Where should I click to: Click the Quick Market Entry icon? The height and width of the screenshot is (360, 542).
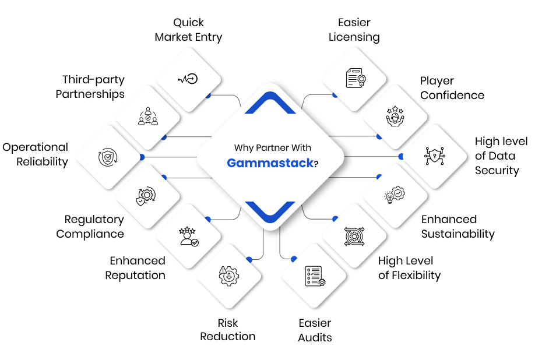188,79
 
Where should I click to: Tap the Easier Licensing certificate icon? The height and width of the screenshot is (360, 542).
356,77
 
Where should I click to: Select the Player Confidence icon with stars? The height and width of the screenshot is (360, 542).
395,116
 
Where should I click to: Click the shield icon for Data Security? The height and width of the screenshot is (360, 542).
435,156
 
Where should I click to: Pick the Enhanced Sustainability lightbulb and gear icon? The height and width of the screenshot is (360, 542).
395,195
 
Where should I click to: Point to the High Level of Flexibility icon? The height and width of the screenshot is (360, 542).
354,237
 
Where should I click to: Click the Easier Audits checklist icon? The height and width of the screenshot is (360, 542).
315,276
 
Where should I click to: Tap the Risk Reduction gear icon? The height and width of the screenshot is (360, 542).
228,276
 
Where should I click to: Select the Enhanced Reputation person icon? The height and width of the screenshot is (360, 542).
189,237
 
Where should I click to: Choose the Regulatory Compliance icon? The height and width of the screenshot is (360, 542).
146,196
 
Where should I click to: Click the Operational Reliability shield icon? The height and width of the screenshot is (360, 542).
108,157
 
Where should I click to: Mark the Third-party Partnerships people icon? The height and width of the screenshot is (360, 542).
148,116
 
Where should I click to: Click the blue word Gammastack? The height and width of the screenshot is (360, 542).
270,163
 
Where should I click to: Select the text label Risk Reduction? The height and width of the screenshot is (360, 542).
228,330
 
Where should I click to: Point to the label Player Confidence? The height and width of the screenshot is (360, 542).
452,88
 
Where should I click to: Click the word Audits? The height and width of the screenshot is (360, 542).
315,337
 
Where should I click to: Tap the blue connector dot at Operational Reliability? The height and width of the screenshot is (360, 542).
142,157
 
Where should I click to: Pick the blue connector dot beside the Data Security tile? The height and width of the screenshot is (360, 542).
401,157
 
